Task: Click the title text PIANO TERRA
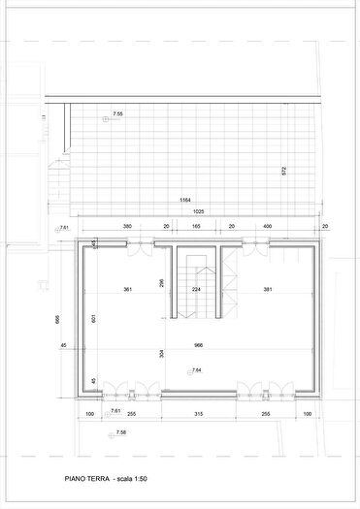85,479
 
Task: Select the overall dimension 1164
184,200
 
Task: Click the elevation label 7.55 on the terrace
118,114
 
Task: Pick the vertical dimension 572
284,171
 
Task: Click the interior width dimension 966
198,344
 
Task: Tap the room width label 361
127,290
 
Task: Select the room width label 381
268,290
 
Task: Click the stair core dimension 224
196,290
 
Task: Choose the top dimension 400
268,226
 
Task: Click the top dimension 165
196,226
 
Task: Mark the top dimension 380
127,226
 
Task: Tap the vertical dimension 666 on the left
58,319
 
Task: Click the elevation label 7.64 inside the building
196,370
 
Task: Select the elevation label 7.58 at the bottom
120,432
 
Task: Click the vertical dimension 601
93,319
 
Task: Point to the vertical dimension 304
162,354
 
